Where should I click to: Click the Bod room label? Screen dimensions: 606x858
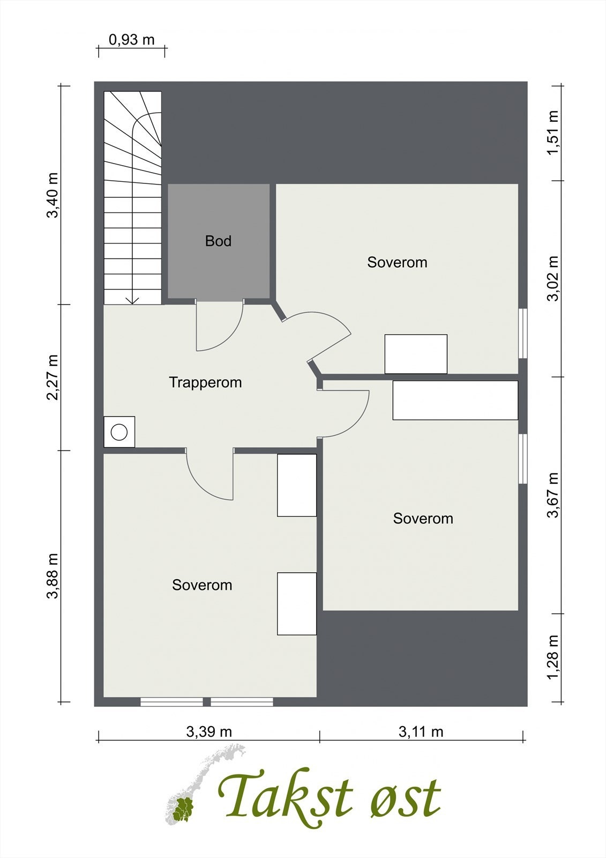pos(218,241)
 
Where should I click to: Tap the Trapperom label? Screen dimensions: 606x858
pos(205,382)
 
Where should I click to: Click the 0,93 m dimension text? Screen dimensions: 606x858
pos(132,40)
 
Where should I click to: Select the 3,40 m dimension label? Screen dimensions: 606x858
pos(53,195)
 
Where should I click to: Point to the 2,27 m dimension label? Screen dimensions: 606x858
pos(53,378)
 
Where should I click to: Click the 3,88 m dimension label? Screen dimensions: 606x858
pos(53,576)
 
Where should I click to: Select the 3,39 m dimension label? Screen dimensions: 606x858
pos(209,731)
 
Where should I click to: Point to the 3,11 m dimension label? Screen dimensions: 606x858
pos(421,731)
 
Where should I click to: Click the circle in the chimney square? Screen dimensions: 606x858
pos(119,432)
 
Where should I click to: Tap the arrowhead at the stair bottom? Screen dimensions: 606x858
pos(132,301)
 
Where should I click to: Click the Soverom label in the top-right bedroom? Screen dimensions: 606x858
pos(398,262)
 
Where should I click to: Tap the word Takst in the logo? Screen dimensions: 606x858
pos(285,795)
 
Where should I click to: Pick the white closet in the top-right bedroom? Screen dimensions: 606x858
pos(416,354)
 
